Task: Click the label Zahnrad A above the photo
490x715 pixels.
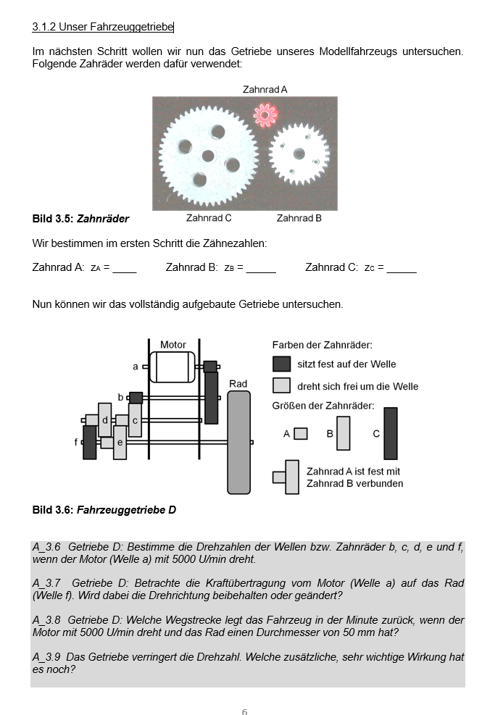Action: coord(265,89)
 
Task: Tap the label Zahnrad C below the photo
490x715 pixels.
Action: coord(209,217)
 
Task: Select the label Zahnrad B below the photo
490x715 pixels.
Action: coord(299,217)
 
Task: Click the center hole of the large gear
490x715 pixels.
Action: coord(208,155)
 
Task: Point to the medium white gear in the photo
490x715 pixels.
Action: coord(299,153)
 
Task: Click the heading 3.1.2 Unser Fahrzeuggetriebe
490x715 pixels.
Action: coord(102,27)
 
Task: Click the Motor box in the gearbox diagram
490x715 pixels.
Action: coord(173,367)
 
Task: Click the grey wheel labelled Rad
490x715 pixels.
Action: coord(238,442)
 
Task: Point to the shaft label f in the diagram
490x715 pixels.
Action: coord(76,441)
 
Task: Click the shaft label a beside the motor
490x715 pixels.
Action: coord(135,367)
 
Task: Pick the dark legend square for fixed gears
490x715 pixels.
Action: coord(281,364)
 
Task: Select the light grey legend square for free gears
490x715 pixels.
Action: coord(281,385)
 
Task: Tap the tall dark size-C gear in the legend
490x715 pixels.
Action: coord(391,433)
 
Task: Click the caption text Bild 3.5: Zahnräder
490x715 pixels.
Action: coord(80,218)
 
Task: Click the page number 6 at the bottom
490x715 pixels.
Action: coord(244,712)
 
